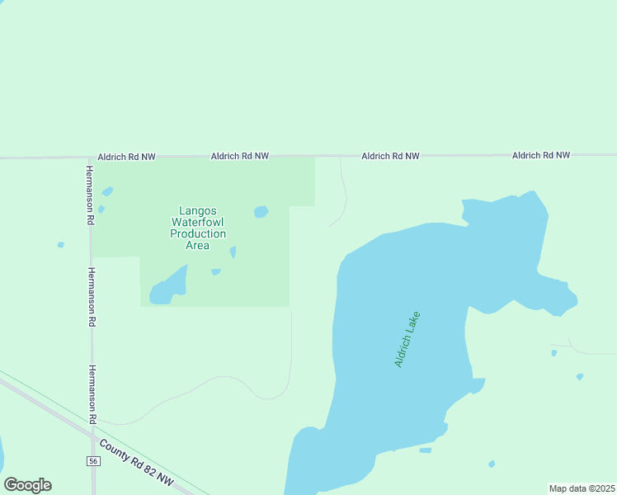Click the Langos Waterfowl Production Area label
coord(198,228)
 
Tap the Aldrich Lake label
coord(407,339)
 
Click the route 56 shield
coord(93,461)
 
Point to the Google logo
coord(27,485)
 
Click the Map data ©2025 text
coord(582,488)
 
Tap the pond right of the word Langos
coord(261,212)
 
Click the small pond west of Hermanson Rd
coord(60,245)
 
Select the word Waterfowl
coord(198,222)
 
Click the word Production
coord(198,233)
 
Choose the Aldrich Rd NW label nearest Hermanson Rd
coord(126,156)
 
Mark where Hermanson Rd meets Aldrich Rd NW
coord(90,157)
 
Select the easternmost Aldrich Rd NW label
coord(541,155)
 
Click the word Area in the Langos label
coord(198,245)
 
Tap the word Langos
coord(198,210)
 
